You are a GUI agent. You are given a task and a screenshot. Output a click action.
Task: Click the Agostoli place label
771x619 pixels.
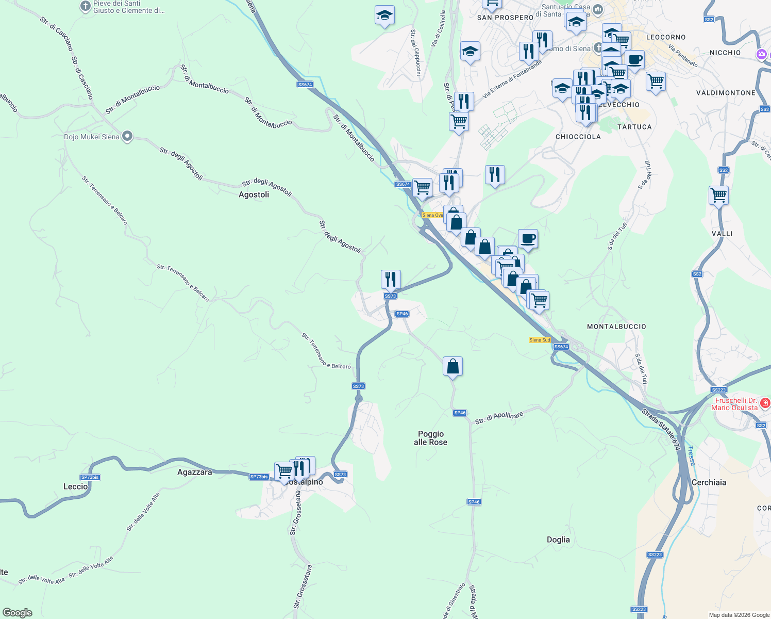click(254, 194)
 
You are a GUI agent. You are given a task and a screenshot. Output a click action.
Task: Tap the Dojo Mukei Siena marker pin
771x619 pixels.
click(127, 137)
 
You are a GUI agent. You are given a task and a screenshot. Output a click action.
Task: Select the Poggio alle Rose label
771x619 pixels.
click(430, 438)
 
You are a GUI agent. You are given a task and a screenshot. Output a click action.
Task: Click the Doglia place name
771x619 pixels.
click(558, 540)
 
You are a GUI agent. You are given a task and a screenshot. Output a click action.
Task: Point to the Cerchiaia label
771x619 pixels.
click(709, 482)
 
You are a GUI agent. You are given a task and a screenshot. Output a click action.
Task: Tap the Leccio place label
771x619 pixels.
click(75, 486)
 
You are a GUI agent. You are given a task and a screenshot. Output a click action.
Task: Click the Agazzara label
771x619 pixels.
click(194, 472)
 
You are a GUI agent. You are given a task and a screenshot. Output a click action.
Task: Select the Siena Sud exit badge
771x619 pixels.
click(540, 340)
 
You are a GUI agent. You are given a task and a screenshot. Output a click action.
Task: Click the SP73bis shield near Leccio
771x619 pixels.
click(90, 477)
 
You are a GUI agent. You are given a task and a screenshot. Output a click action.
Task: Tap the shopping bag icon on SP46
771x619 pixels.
click(452, 366)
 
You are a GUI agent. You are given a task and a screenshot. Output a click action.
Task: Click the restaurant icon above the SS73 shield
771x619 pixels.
click(391, 280)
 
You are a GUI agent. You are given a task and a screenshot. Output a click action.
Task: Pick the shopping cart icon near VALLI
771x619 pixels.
click(718, 196)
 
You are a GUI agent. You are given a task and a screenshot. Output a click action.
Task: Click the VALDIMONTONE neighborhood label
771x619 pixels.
click(725, 93)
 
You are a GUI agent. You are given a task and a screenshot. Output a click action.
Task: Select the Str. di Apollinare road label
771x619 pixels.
click(499, 418)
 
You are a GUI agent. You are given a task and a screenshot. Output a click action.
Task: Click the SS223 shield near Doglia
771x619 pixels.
click(655, 555)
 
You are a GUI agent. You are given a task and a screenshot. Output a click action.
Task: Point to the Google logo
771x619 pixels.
click(18, 613)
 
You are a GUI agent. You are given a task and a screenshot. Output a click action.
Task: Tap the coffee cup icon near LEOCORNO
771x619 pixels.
click(635, 60)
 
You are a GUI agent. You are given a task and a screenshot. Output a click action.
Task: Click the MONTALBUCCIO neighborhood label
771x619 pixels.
click(616, 327)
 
